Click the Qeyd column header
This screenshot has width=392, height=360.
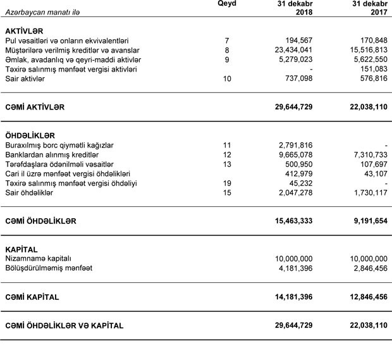coord(226,4)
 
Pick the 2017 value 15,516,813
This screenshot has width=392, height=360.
coord(364,50)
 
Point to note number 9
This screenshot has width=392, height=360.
coord(226,59)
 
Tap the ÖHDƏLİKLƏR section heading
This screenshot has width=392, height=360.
coord(30,136)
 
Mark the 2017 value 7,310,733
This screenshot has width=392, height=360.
coord(366,155)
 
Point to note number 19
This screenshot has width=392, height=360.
coord(226,183)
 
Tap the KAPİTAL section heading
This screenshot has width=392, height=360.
coord(21,250)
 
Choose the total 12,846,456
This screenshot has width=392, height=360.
coord(362,297)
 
